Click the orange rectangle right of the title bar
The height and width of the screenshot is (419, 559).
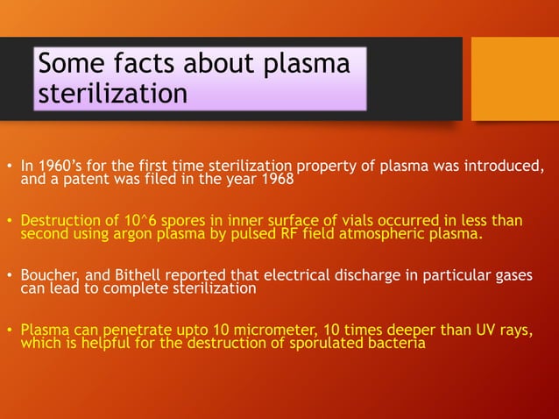[514, 78]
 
